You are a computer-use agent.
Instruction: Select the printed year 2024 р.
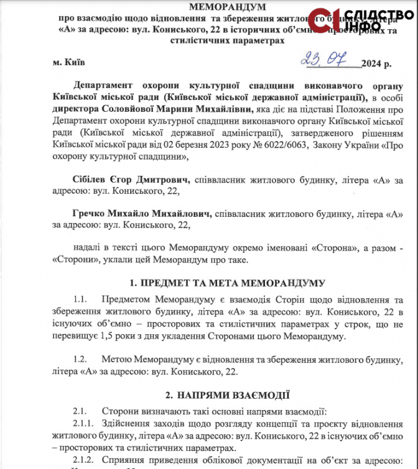378,63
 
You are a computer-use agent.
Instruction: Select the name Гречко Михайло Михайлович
141,214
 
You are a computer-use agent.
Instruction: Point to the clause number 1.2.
81,359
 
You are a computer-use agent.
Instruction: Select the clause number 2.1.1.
84,422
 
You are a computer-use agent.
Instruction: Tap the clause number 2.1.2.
84,460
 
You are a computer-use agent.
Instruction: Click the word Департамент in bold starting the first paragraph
102,85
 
